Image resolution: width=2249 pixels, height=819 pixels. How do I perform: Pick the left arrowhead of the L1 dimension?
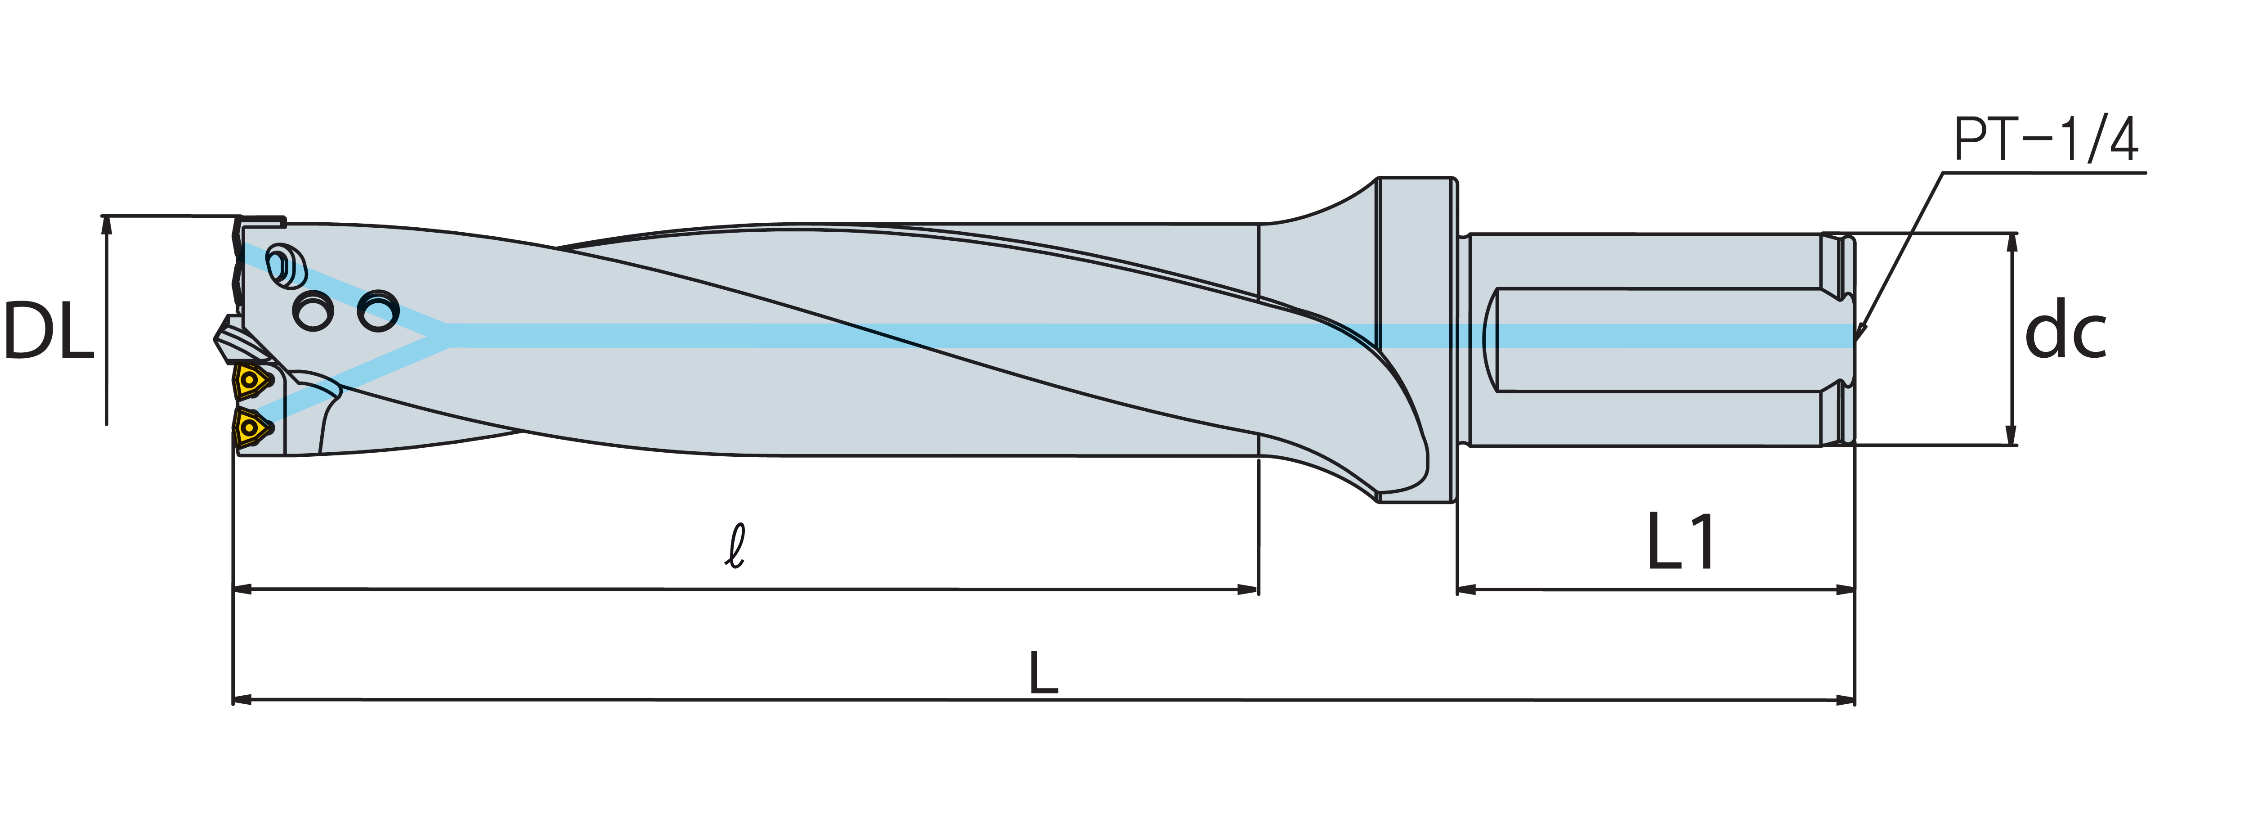click(1467, 589)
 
